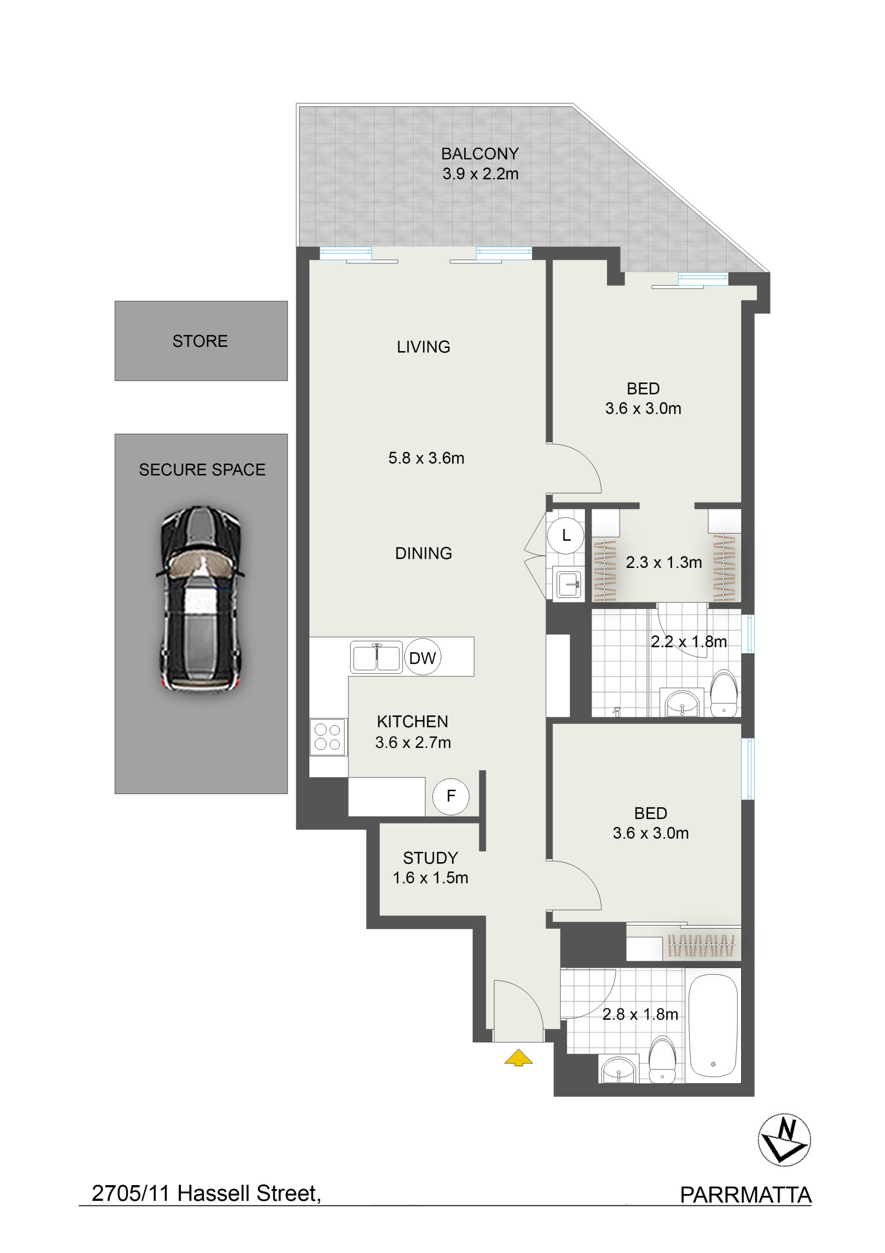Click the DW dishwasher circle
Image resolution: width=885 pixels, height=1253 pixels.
(423, 657)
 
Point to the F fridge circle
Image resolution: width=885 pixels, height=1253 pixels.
(450, 796)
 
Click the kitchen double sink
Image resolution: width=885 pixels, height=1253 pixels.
(376, 657)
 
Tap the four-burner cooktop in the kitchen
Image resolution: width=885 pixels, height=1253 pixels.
(328, 737)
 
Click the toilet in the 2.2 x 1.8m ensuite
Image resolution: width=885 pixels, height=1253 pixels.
(724, 693)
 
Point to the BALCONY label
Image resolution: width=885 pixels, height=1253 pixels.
(480, 154)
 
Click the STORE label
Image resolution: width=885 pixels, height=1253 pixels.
(200, 341)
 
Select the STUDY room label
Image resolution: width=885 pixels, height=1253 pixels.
(430, 858)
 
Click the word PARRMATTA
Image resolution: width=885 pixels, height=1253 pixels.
(745, 1195)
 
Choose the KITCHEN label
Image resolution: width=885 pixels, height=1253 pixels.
(413, 722)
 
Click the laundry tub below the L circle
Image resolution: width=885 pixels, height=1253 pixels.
(568, 584)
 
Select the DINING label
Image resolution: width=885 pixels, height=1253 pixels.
(424, 553)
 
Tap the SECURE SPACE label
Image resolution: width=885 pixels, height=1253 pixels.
(202, 469)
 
